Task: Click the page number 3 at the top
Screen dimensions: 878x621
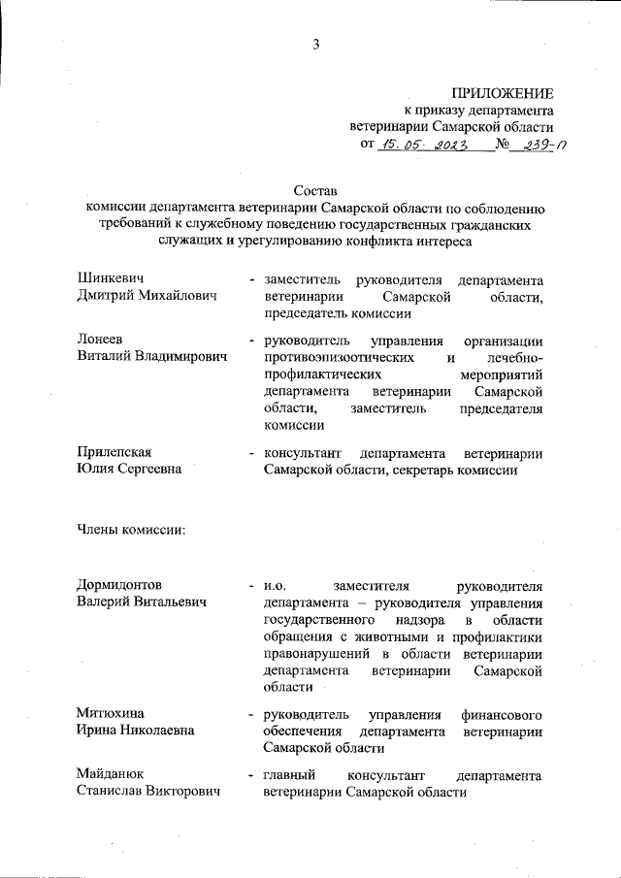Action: [x=315, y=42]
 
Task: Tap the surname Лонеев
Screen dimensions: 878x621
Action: [x=101, y=341]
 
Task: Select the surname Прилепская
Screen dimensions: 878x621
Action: [x=114, y=453]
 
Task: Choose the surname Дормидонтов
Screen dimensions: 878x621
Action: [x=119, y=585]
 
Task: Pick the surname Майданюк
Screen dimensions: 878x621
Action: [x=111, y=775]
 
